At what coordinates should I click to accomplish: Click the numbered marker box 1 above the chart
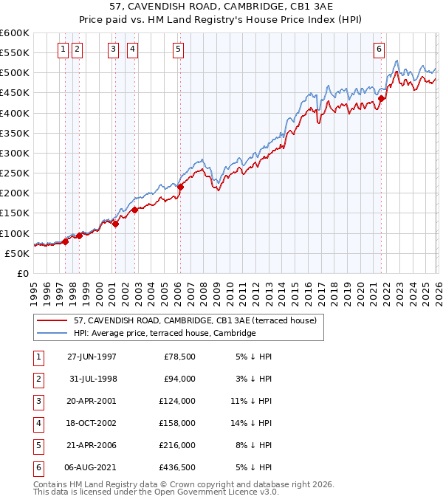(63, 49)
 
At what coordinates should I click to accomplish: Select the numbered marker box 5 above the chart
(179, 49)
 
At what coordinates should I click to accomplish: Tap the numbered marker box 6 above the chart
(379, 49)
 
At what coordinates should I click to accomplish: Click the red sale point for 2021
(381, 98)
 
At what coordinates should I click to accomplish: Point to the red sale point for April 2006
(180, 187)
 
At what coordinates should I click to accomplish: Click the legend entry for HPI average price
(164, 334)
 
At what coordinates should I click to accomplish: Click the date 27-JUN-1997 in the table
(92, 357)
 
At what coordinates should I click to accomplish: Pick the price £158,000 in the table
(177, 423)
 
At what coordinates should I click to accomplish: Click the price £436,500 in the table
(177, 467)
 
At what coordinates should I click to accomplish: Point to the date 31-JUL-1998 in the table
(92, 379)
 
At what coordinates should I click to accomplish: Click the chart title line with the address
(221, 7)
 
